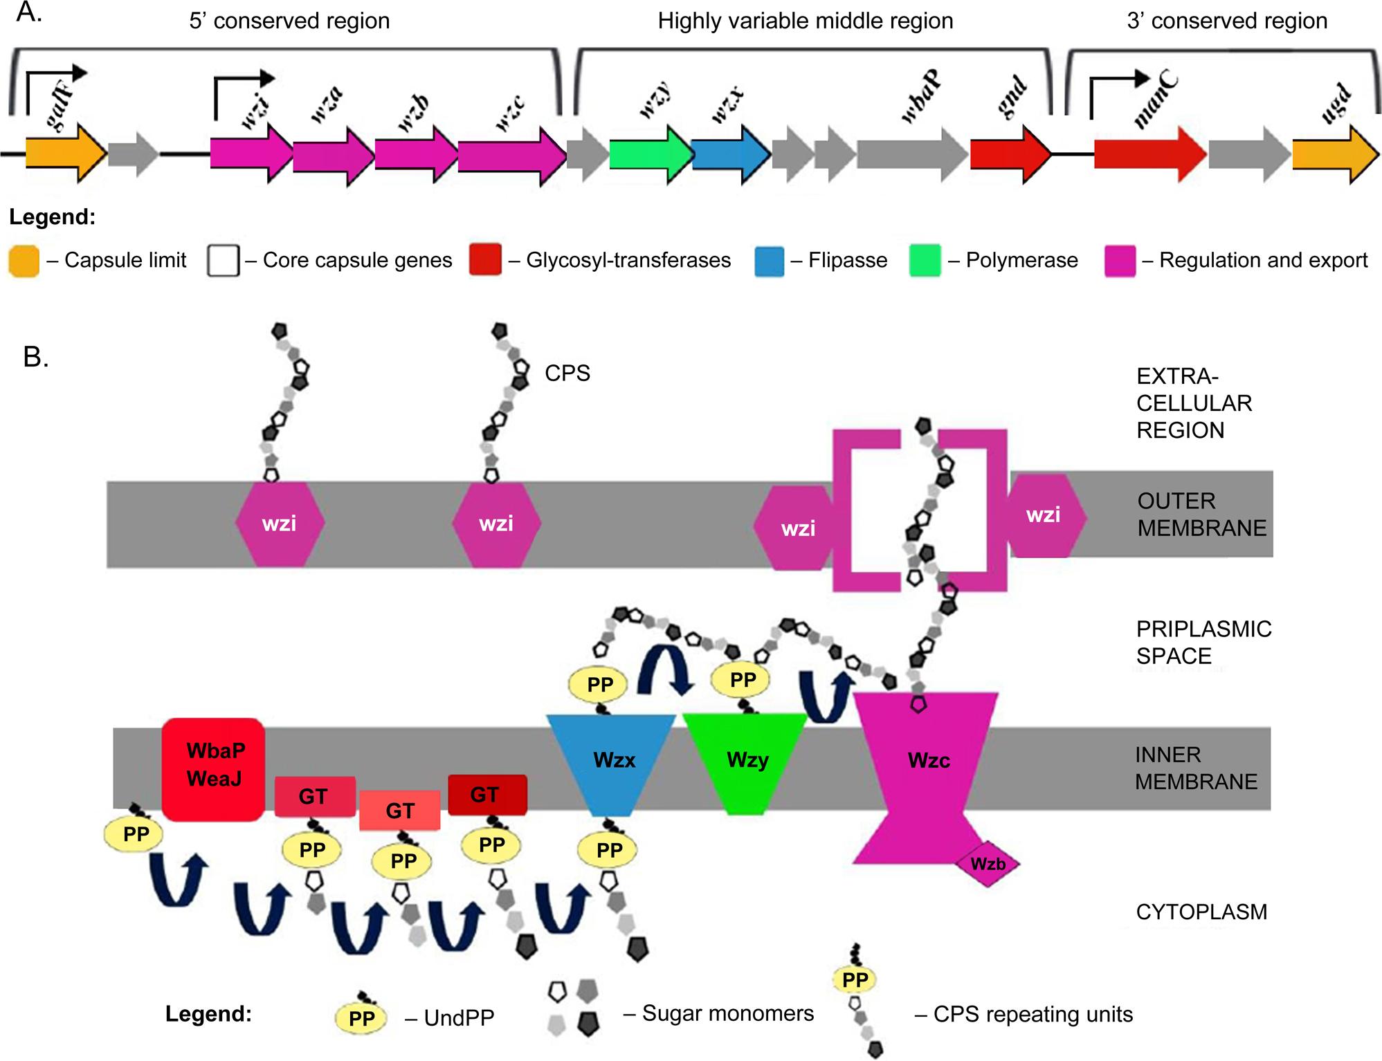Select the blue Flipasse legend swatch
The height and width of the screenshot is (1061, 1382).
point(770,261)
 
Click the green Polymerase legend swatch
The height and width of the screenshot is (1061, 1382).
point(925,261)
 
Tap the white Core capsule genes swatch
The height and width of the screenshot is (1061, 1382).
point(223,261)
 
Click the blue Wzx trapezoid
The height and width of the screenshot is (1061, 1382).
point(612,761)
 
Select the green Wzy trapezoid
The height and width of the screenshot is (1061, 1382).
point(746,761)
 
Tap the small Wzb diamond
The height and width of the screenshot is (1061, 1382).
point(987,863)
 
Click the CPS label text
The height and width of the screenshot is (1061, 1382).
point(567,373)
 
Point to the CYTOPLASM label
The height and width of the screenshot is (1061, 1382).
point(1201,912)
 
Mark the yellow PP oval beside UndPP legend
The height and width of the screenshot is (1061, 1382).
point(361,1018)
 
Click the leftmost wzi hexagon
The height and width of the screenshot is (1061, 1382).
point(280,524)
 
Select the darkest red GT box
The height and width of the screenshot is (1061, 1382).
point(487,795)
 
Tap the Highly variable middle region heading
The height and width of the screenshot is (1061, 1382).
point(805,21)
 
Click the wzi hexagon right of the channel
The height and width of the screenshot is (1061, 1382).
point(1044,516)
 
